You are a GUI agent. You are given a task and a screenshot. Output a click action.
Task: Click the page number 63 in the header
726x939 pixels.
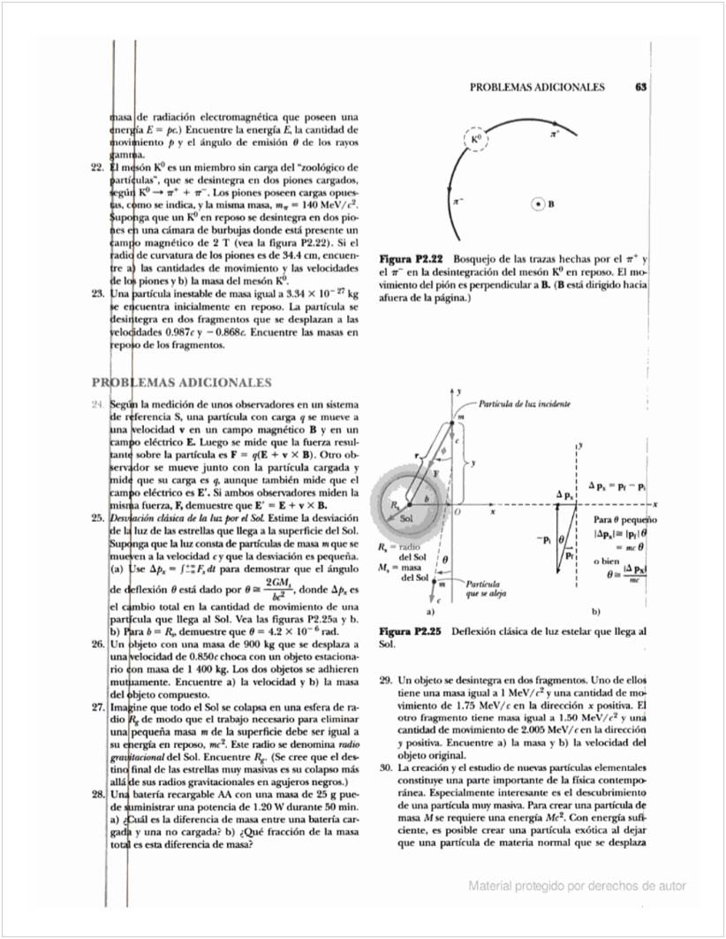click(x=641, y=88)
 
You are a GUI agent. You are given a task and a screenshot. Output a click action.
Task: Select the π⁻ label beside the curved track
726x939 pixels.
click(x=458, y=202)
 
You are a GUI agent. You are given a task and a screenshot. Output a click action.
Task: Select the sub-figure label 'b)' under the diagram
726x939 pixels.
click(x=596, y=611)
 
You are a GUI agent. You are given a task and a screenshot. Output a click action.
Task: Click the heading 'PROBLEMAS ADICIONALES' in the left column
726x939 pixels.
click(x=182, y=383)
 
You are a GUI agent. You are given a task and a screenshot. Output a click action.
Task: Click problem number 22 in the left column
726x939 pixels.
click(x=99, y=166)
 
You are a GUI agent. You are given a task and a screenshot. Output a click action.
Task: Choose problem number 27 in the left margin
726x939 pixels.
click(x=99, y=707)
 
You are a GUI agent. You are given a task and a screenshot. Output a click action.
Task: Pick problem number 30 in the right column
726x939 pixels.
click(x=385, y=768)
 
